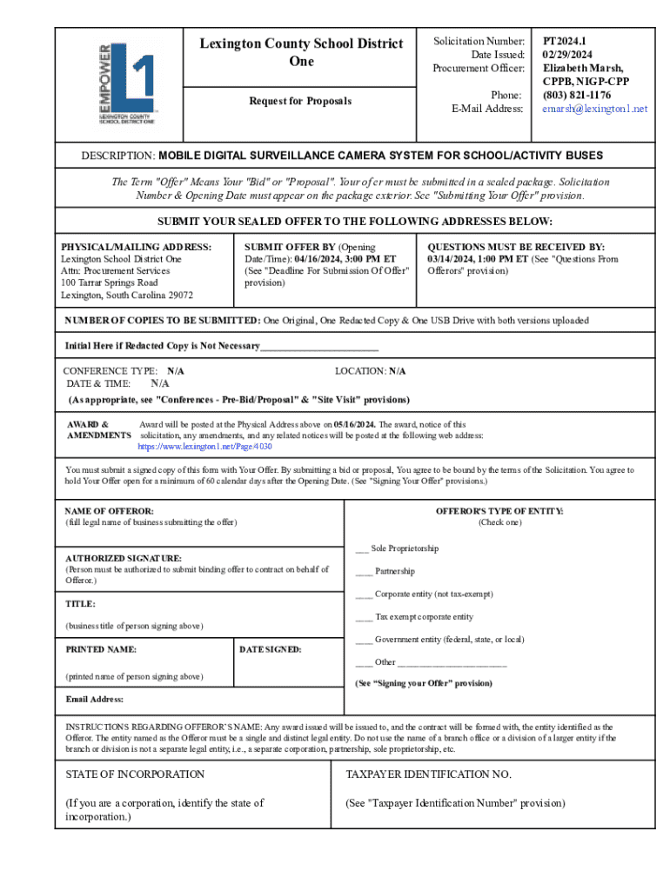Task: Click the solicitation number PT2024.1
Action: (x=565, y=41)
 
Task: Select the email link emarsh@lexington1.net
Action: (x=595, y=109)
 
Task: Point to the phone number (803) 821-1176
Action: (x=576, y=95)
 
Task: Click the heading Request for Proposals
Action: (x=300, y=101)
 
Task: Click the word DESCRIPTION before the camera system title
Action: (x=118, y=156)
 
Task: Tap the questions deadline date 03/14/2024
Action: (x=453, y=259)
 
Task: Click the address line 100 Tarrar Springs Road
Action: (x=110, y=282)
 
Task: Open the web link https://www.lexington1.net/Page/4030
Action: (x=205, y=446)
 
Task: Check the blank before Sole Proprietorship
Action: (x=361, y=548)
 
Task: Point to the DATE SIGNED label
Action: (x=270, y=649)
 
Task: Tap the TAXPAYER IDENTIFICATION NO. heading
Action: (x=428, y=774)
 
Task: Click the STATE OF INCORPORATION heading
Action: (x=135, y=774)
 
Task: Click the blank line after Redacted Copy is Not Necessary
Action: (x=319, y=346)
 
